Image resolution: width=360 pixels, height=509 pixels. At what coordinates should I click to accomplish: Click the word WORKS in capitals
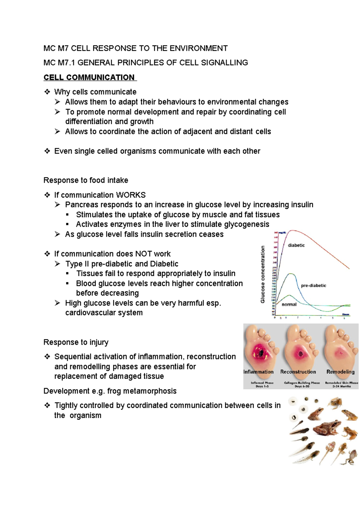(131, 195)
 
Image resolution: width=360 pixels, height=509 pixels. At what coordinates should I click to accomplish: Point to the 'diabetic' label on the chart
(296, 245)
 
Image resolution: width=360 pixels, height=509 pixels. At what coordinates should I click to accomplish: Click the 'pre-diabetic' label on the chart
(313, 285)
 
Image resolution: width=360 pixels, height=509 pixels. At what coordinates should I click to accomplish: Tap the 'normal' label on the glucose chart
(289, 304)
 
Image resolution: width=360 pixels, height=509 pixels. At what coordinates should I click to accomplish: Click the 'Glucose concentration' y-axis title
(263, 274)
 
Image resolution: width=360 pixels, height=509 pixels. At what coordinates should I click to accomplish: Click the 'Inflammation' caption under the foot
(258, 372)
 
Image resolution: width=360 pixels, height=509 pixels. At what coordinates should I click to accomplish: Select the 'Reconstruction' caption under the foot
(298, 372)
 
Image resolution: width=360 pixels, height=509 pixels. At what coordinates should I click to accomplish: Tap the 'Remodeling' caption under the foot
(340, 372)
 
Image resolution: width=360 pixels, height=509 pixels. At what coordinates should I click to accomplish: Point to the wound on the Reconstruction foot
(300, 354)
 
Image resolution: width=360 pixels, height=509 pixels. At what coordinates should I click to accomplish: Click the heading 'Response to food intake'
(86, 180)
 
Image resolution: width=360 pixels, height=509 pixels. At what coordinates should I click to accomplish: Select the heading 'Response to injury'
(76, 342)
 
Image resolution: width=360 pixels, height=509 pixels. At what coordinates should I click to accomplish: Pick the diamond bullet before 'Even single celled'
(47, 151)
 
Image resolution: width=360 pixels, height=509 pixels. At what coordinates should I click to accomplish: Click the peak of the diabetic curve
(292, 231)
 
